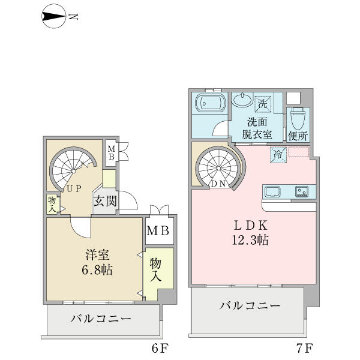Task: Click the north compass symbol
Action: [54, 17]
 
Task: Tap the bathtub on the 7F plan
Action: [209, 103]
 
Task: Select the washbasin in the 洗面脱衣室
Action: [242, 100]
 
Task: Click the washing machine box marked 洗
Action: [263, 104]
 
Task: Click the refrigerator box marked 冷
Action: [278, 155]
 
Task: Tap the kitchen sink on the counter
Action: [272, 192]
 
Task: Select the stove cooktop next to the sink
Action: [302, 192]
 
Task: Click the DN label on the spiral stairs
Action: [219, 184]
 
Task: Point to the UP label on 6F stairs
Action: [74, 189]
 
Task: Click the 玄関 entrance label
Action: [106, 201]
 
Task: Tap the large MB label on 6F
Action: [158, 231]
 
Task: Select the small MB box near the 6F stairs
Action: [112, 153]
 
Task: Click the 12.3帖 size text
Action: [250, 240]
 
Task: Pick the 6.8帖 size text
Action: [97, 270]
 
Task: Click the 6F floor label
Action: [160, 348]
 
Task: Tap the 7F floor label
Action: [304, 348]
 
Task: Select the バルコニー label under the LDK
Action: [250, 305]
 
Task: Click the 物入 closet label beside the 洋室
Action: [155, 269]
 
